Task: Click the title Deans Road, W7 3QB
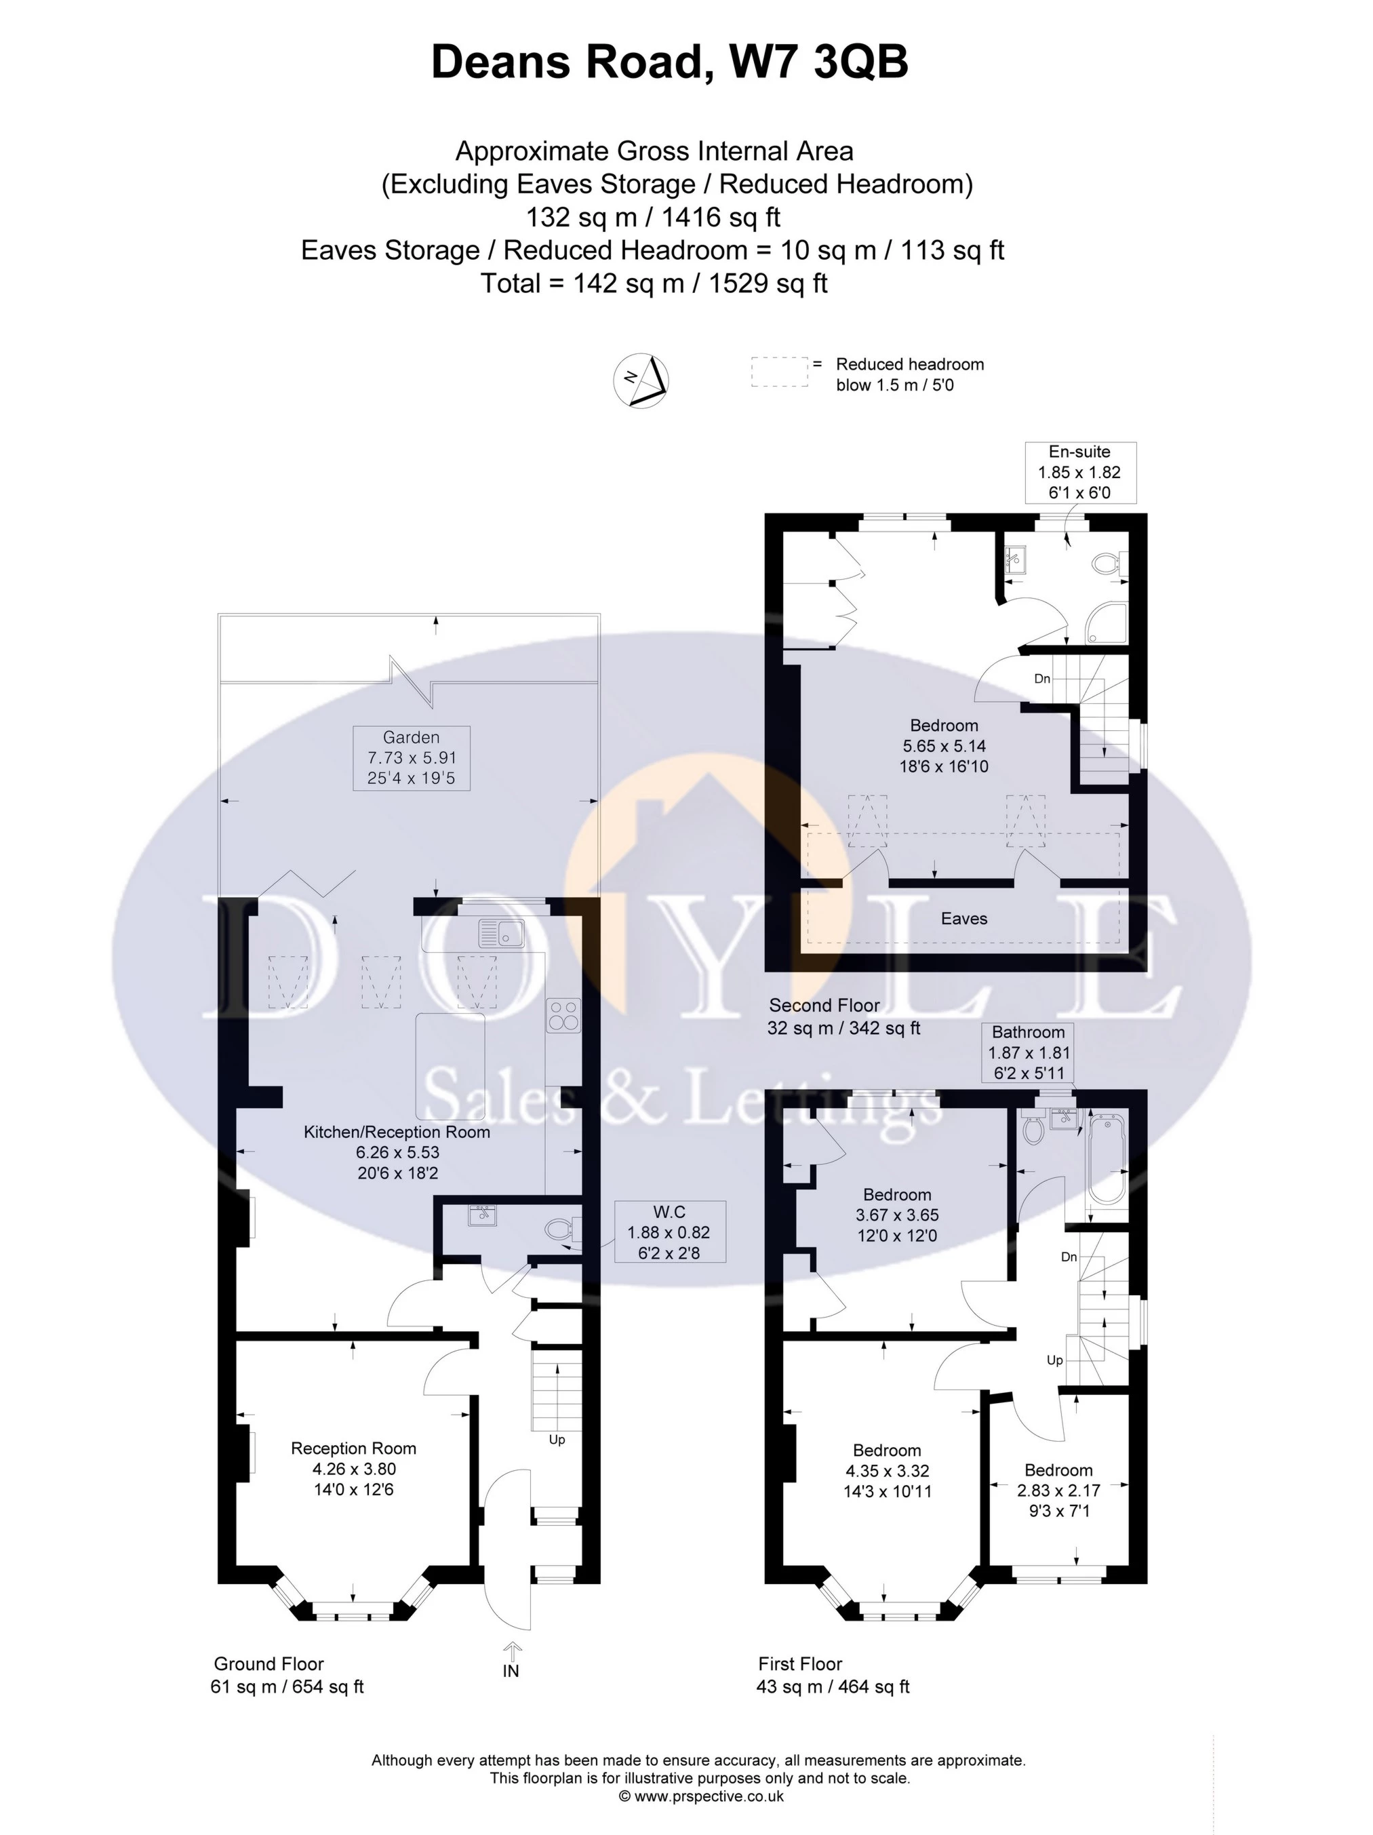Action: (x=669, y=63)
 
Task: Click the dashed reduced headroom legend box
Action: (x=779, y=372)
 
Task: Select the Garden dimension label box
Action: (x=412, y=757)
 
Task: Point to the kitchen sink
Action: (x=501, y=934)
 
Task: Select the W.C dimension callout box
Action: (x=669, y=1232)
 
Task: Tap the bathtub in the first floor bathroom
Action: (x=1107, y=1159)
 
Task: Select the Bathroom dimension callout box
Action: (x=1029, y=1052)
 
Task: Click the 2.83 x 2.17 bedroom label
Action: (x=1058, y=1490)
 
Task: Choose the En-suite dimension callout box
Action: (x=1079, y=472)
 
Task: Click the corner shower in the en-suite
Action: (x=1107, y=624)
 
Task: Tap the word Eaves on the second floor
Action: (x=964, y=918)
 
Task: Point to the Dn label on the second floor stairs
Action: (x=1042, y=679)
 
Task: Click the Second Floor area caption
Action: (x=845, y=1017)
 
